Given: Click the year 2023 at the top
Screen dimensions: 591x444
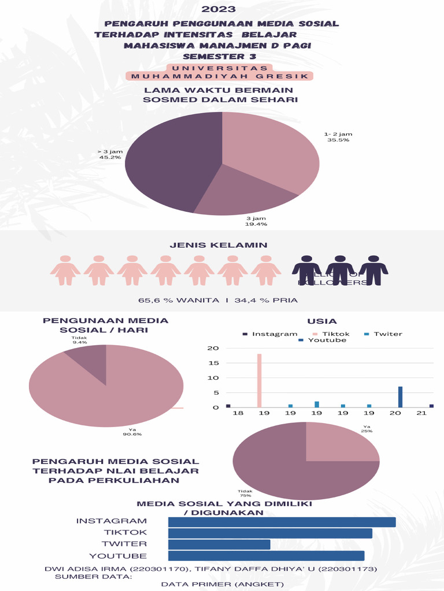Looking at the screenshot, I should tap(219, 9).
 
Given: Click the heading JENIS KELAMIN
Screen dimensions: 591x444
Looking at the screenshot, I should tap(221, 245).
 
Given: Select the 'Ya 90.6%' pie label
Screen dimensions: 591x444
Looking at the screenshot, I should tap(132, 431).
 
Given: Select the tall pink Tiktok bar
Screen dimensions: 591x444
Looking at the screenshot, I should tap(259, 381).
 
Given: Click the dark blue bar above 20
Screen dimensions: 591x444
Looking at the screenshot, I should tap(400, 397).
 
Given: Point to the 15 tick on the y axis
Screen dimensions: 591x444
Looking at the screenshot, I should tap(213, 363).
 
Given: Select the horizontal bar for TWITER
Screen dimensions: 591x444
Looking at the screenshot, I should tap(219, 544).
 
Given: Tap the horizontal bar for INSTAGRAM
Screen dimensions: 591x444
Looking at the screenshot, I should tap(282, 522).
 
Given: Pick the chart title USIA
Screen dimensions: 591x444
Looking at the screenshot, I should tap(323, 321).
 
